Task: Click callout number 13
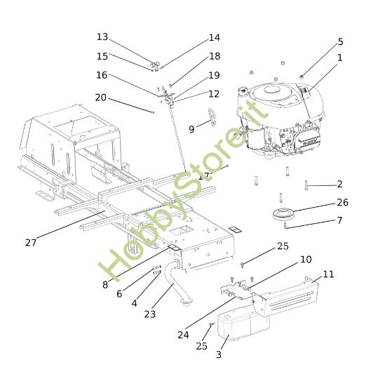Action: coord(102,36)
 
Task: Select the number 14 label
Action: coord(214,38)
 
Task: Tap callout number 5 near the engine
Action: coord(340,42)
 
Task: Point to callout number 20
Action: coord(101,98)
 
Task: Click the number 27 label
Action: coord(31,243)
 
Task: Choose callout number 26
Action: coord(342,202)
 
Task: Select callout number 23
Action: coord(150,314)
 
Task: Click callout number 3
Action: coord(218,356)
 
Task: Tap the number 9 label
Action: coord(191,129)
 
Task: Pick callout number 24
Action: coord(183,335)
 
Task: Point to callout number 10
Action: coord(306,260)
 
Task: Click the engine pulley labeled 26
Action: coord(285,213)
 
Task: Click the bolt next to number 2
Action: coord(307,185)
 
